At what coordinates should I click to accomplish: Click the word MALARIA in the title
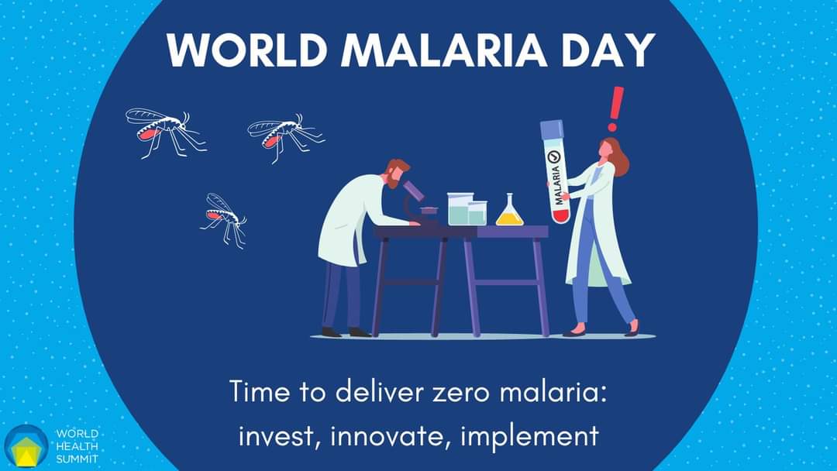pos(444,50)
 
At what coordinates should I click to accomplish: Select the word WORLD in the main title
pos(246,50)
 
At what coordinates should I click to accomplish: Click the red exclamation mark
pos(615,108)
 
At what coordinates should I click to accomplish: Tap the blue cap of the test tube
pos(552,129)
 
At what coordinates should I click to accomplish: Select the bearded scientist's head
pos(395,173)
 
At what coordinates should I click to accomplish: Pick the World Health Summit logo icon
pos(26,446)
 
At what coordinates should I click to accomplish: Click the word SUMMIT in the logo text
pos(77,459)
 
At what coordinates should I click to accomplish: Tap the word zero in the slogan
pos(460,393)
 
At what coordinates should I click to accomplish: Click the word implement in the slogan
pos(529,438)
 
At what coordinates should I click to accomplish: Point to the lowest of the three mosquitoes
pos(225,219)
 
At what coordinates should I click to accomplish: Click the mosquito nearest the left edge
pos(166,131)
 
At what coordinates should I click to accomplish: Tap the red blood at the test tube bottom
pos(560,216)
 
